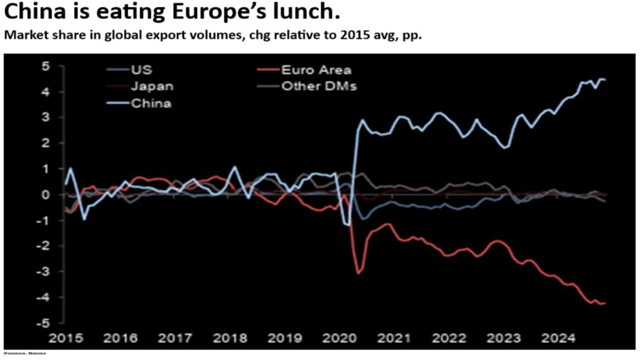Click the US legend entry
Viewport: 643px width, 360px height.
[142, 70]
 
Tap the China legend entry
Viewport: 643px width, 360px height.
[151, 102]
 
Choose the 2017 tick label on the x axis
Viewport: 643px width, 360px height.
[175, 339]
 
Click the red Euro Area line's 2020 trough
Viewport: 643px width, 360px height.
[357, 273]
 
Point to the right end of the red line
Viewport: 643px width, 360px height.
[605, 303]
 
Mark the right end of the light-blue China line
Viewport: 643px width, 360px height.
[605, 80]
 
